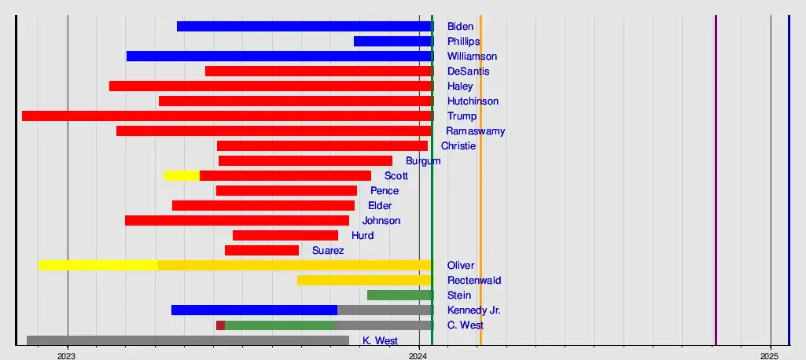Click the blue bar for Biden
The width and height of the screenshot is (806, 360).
[x=304, y=27]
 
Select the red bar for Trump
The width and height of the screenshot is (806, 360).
[x=227, y=116]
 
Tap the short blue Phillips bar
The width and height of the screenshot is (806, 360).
[x=392, y=42]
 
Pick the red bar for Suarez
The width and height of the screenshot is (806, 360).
[x=262, y=251]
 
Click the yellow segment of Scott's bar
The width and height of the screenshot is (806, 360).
[x=182, y=176]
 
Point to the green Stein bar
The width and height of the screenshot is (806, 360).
[x=399, y=296]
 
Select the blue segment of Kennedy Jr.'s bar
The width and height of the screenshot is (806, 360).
[x=254, y=310]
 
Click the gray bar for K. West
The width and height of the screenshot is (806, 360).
[x=188, y=340]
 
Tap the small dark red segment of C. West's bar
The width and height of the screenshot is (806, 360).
[x=221, y=325]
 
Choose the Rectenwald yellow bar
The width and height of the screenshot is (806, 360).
[x=364, y=281]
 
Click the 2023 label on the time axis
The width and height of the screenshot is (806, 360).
[x=67, y=354]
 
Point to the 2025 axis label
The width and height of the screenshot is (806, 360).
[x=771, y=354]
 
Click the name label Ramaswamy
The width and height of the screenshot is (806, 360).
[x=475, y=131]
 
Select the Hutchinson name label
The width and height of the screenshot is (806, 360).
[x=473, y=101]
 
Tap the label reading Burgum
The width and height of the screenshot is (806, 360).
[x=423, y=161]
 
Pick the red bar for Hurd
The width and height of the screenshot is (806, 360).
[x=285, y=236]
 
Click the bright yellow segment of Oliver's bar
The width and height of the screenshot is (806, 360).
[x=98, y=266]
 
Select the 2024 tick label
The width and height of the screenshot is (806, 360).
[x=419, y=354]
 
